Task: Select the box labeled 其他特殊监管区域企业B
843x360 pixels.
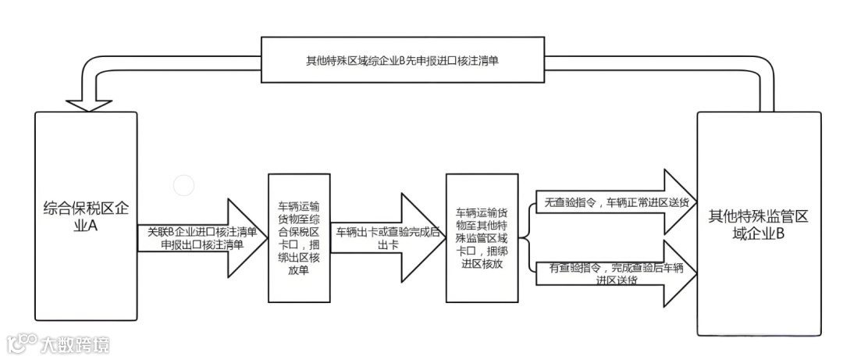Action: pos(758,224)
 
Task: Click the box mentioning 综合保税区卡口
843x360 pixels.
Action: pos(298,237)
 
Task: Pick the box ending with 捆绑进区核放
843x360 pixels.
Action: pos(482,237)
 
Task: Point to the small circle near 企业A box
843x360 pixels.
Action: pos(183,186)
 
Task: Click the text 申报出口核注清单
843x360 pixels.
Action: pos(201,244)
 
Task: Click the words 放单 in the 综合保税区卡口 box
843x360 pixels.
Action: pos(298,273)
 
